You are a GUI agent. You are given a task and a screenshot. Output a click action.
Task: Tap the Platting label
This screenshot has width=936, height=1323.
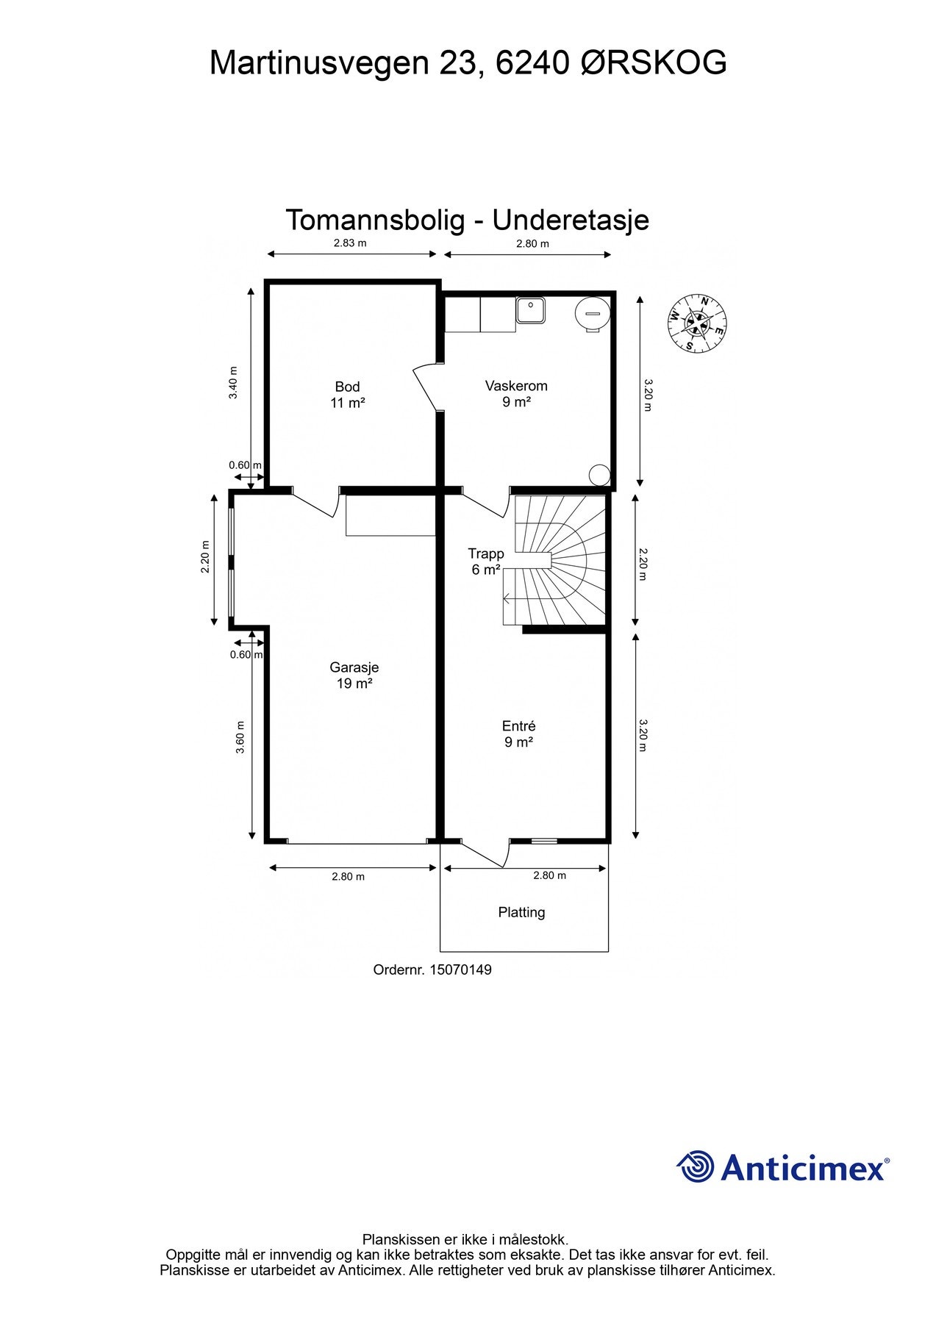[521, 912]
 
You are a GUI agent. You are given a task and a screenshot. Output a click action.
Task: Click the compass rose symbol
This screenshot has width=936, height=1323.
[697, 322]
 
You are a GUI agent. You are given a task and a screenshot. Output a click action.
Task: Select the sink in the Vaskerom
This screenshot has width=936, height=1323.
[530, 310]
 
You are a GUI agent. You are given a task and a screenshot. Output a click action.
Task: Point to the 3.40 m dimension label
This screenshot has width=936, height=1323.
[233, 383]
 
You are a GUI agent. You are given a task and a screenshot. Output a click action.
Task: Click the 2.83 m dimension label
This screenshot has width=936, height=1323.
[350, 243]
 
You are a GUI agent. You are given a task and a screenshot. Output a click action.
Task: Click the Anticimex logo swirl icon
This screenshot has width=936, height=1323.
[696, 1166]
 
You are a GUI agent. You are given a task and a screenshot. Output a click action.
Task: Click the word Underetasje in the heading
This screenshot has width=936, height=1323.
[571, 220]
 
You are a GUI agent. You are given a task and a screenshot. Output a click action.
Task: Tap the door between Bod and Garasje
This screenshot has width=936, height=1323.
[316, 501]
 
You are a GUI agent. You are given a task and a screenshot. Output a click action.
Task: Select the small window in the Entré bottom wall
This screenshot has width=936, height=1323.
[545, 840]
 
